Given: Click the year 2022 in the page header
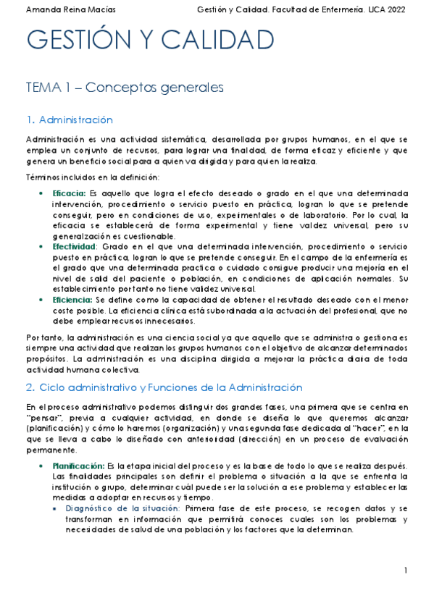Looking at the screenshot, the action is [395, 10].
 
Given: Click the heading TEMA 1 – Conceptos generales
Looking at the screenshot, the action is [124, 88].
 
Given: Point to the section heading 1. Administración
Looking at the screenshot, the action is [69, 119].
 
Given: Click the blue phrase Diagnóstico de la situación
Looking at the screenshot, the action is [122, 509].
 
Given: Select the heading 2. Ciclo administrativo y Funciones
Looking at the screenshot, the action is [163, 387].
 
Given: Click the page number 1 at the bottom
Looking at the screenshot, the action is [406, 572].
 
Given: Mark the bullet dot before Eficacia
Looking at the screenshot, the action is [41, 194].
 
